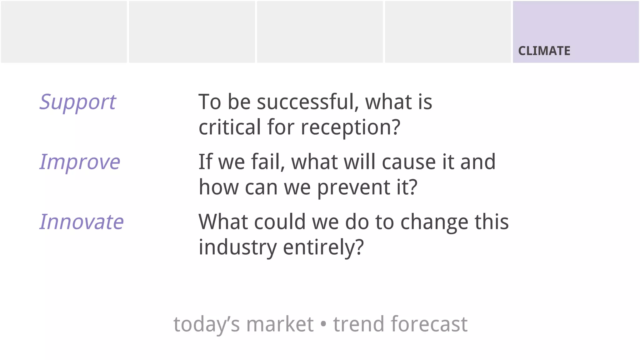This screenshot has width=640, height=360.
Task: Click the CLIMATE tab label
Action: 544,51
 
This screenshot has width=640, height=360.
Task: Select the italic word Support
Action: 77,102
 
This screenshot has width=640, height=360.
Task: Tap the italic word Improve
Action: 80,162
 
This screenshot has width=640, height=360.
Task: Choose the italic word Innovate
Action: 82,222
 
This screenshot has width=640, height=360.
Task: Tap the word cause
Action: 409,162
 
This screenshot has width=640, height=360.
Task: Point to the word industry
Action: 238,247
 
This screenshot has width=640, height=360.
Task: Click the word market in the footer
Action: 280,324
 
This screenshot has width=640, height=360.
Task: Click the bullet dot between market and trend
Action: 323,324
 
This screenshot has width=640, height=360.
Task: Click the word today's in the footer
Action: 207,324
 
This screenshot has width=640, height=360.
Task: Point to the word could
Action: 280,222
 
